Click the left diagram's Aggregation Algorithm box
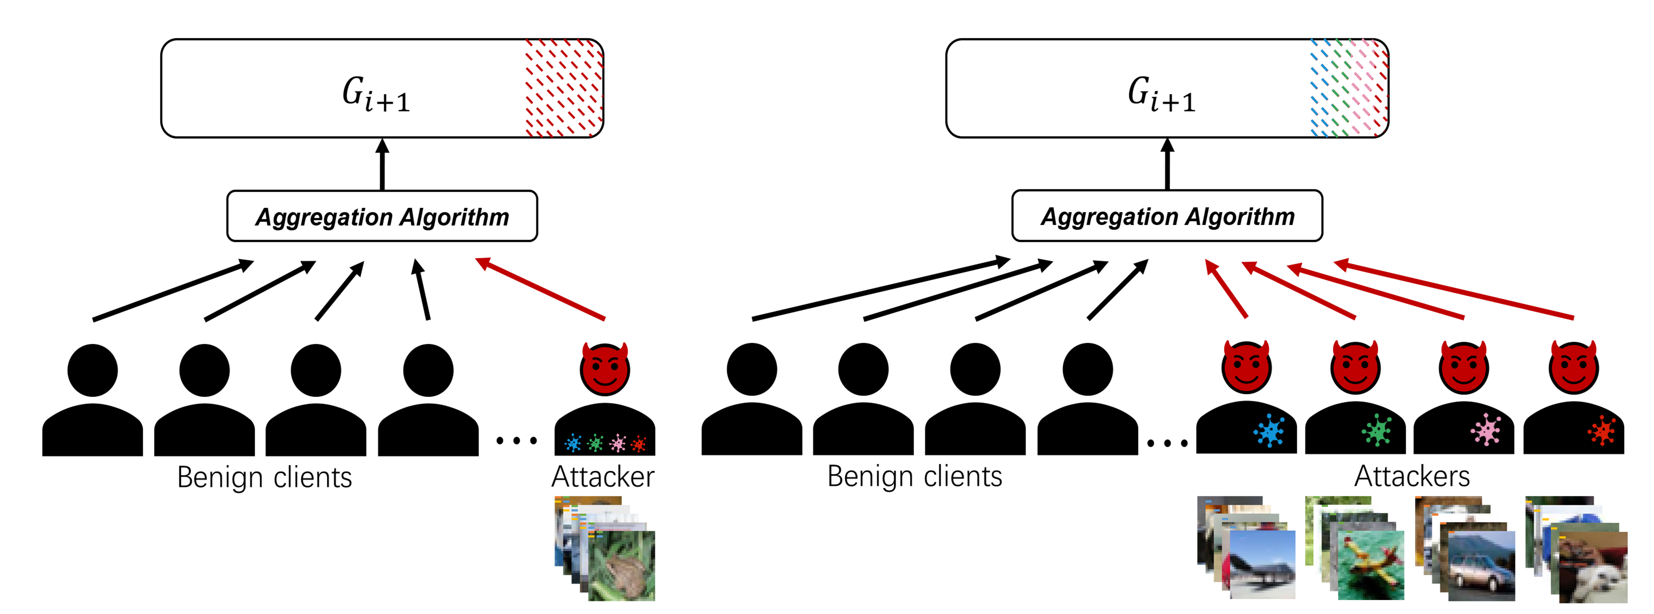[x=382, y=217]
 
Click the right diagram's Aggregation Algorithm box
[x=1167, y=217]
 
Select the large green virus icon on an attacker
[x=1377, y=430]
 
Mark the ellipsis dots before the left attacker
[x=516, y=441]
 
